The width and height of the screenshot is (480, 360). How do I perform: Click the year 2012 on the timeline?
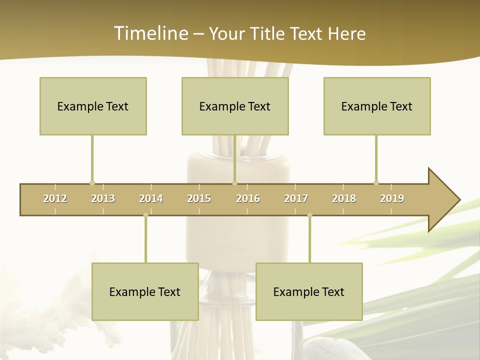(55, 198)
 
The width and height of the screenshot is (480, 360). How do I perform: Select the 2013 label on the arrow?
(103, 198)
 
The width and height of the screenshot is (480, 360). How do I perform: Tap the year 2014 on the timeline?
(151, 198)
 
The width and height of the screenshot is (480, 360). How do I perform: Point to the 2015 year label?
(199, 198)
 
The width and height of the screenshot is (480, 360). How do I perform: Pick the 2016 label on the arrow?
(248, 198)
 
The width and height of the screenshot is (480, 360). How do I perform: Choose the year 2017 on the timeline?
(296, 198)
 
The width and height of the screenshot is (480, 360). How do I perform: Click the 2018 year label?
(344, 198)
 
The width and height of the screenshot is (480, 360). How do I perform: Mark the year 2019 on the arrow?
(392, 198)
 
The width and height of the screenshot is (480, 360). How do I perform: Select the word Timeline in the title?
(149, 33)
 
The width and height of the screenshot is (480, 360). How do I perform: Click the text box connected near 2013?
(93, 106)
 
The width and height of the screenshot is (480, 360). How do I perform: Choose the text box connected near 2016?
(235, 106)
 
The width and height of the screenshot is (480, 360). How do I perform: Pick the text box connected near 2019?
(377, 106)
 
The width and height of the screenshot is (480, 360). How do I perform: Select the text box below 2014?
(145, 291)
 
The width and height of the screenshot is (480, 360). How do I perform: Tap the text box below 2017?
(309, 291)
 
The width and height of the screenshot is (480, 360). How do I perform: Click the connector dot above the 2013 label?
(92, 183)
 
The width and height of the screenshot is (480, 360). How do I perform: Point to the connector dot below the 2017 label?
(309, 215)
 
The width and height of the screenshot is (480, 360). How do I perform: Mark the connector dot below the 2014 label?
(145, 215)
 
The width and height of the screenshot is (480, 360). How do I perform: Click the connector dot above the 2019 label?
(376, 183)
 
